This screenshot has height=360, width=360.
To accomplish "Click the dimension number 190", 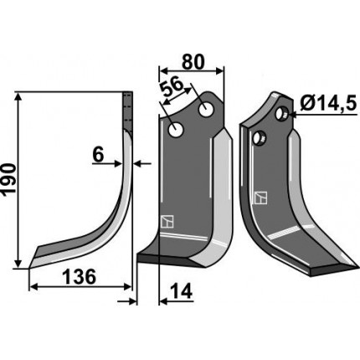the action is click(x=8, y=179).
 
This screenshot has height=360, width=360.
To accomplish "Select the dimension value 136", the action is click(x=79, y=276).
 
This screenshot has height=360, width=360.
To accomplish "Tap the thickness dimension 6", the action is click(x=98, y=155).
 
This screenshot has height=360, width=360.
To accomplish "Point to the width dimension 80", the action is click(x=193, y=62).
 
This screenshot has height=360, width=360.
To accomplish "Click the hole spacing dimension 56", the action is click(x=172, y=87).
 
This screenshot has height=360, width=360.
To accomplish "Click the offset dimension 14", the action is click(x=182, y=291).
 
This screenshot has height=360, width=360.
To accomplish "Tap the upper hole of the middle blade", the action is click(x=206, y=110).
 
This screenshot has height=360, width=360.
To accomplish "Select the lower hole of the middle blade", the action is click(x=176, y=130).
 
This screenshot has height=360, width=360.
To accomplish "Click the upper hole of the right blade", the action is click(x=280, y=113).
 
